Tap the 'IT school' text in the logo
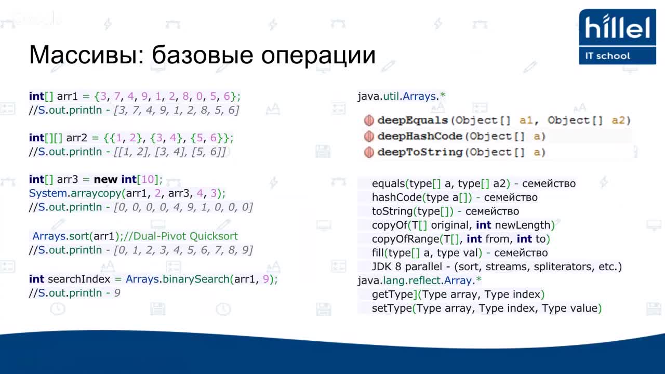tap(607, 56)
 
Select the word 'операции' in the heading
tap(318, 56)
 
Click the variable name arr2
tap(76, 138)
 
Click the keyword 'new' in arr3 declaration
tap(105, 179)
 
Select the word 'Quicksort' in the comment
tap(214, 236)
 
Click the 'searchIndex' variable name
tap(79, 279)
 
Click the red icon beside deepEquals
tap(369, 121)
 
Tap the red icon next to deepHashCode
tap(369, 137)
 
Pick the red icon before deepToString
tap(369, 153)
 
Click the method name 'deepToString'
tap(420, 153)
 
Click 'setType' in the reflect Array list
tap(392, 309)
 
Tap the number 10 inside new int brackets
tap(148, 179)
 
